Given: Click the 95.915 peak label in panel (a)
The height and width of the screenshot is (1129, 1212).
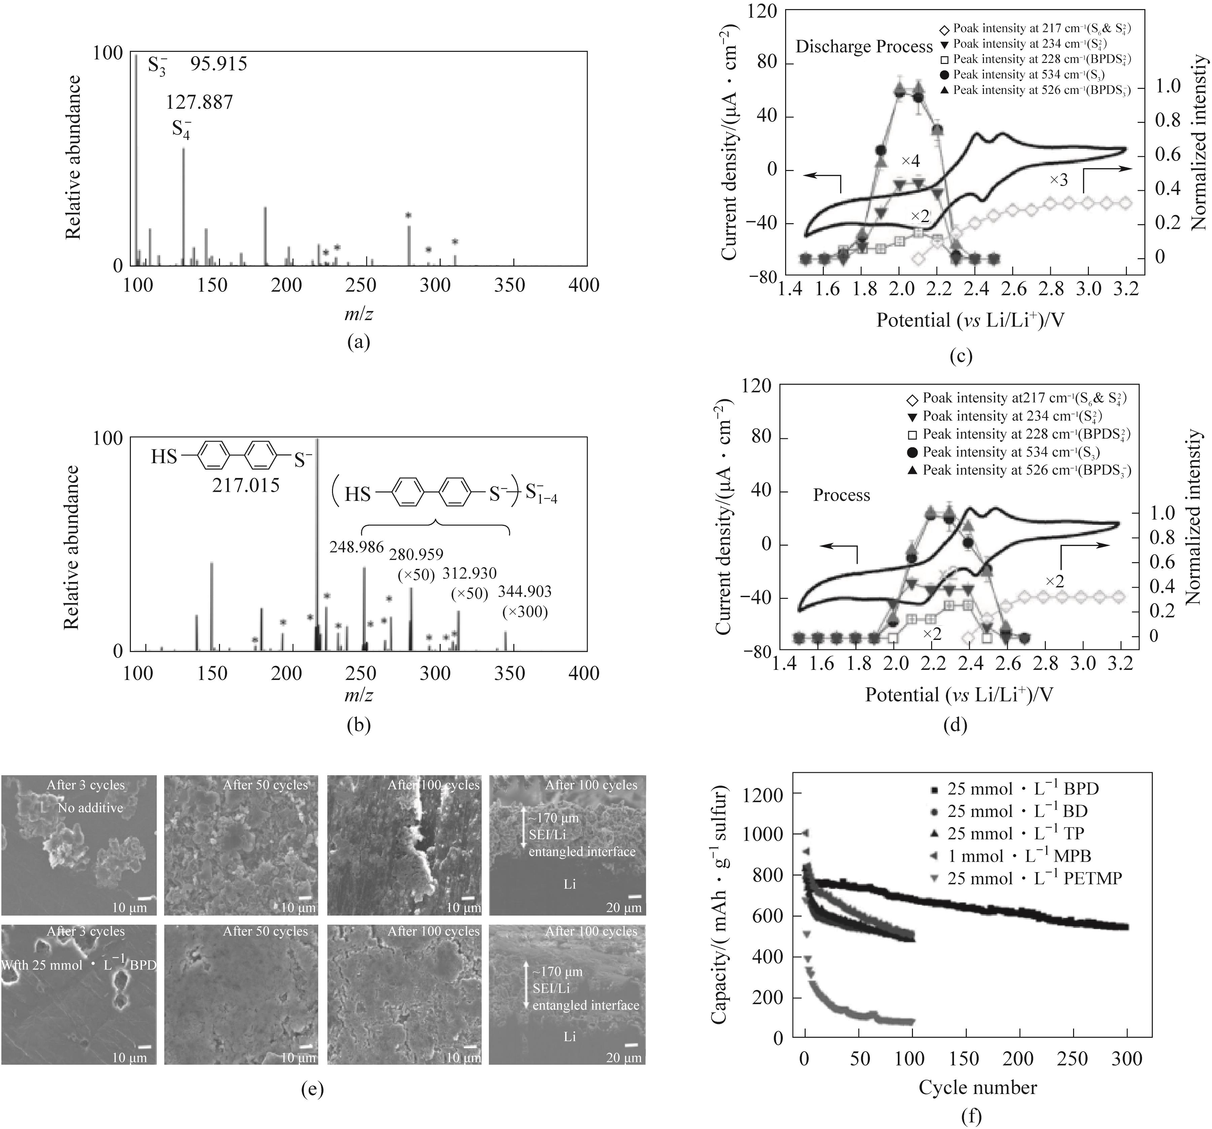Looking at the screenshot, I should tap(218, 63).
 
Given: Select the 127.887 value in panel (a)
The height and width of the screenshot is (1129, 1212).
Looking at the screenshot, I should tap(199, 102).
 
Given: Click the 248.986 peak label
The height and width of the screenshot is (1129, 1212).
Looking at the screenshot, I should tap(357, 547).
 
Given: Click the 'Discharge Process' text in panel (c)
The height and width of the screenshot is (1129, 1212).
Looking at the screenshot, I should tap(864, 47).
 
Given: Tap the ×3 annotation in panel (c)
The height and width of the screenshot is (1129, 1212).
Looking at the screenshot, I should tap(1059, 180).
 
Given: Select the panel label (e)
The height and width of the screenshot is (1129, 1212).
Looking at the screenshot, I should tap(313, 1089).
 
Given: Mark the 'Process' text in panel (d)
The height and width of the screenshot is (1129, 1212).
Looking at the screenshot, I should tap(841, 495).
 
